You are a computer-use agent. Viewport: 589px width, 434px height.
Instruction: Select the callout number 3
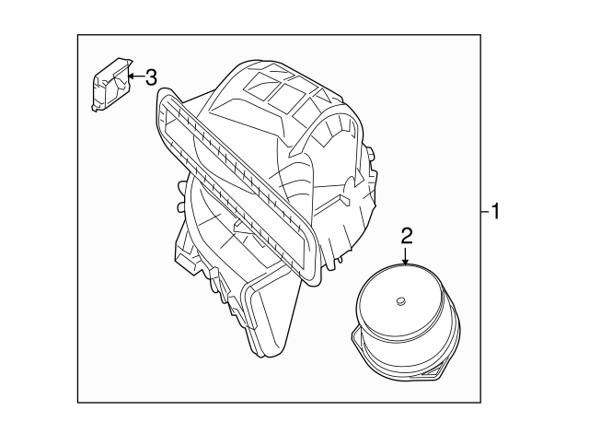pyautogui.click(x=152, y=76)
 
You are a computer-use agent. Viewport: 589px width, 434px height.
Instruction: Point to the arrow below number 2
pyautogui.click(x=406, y=257)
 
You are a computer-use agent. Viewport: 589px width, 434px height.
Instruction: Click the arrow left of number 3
pyautogui.click(x=135, y=76)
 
